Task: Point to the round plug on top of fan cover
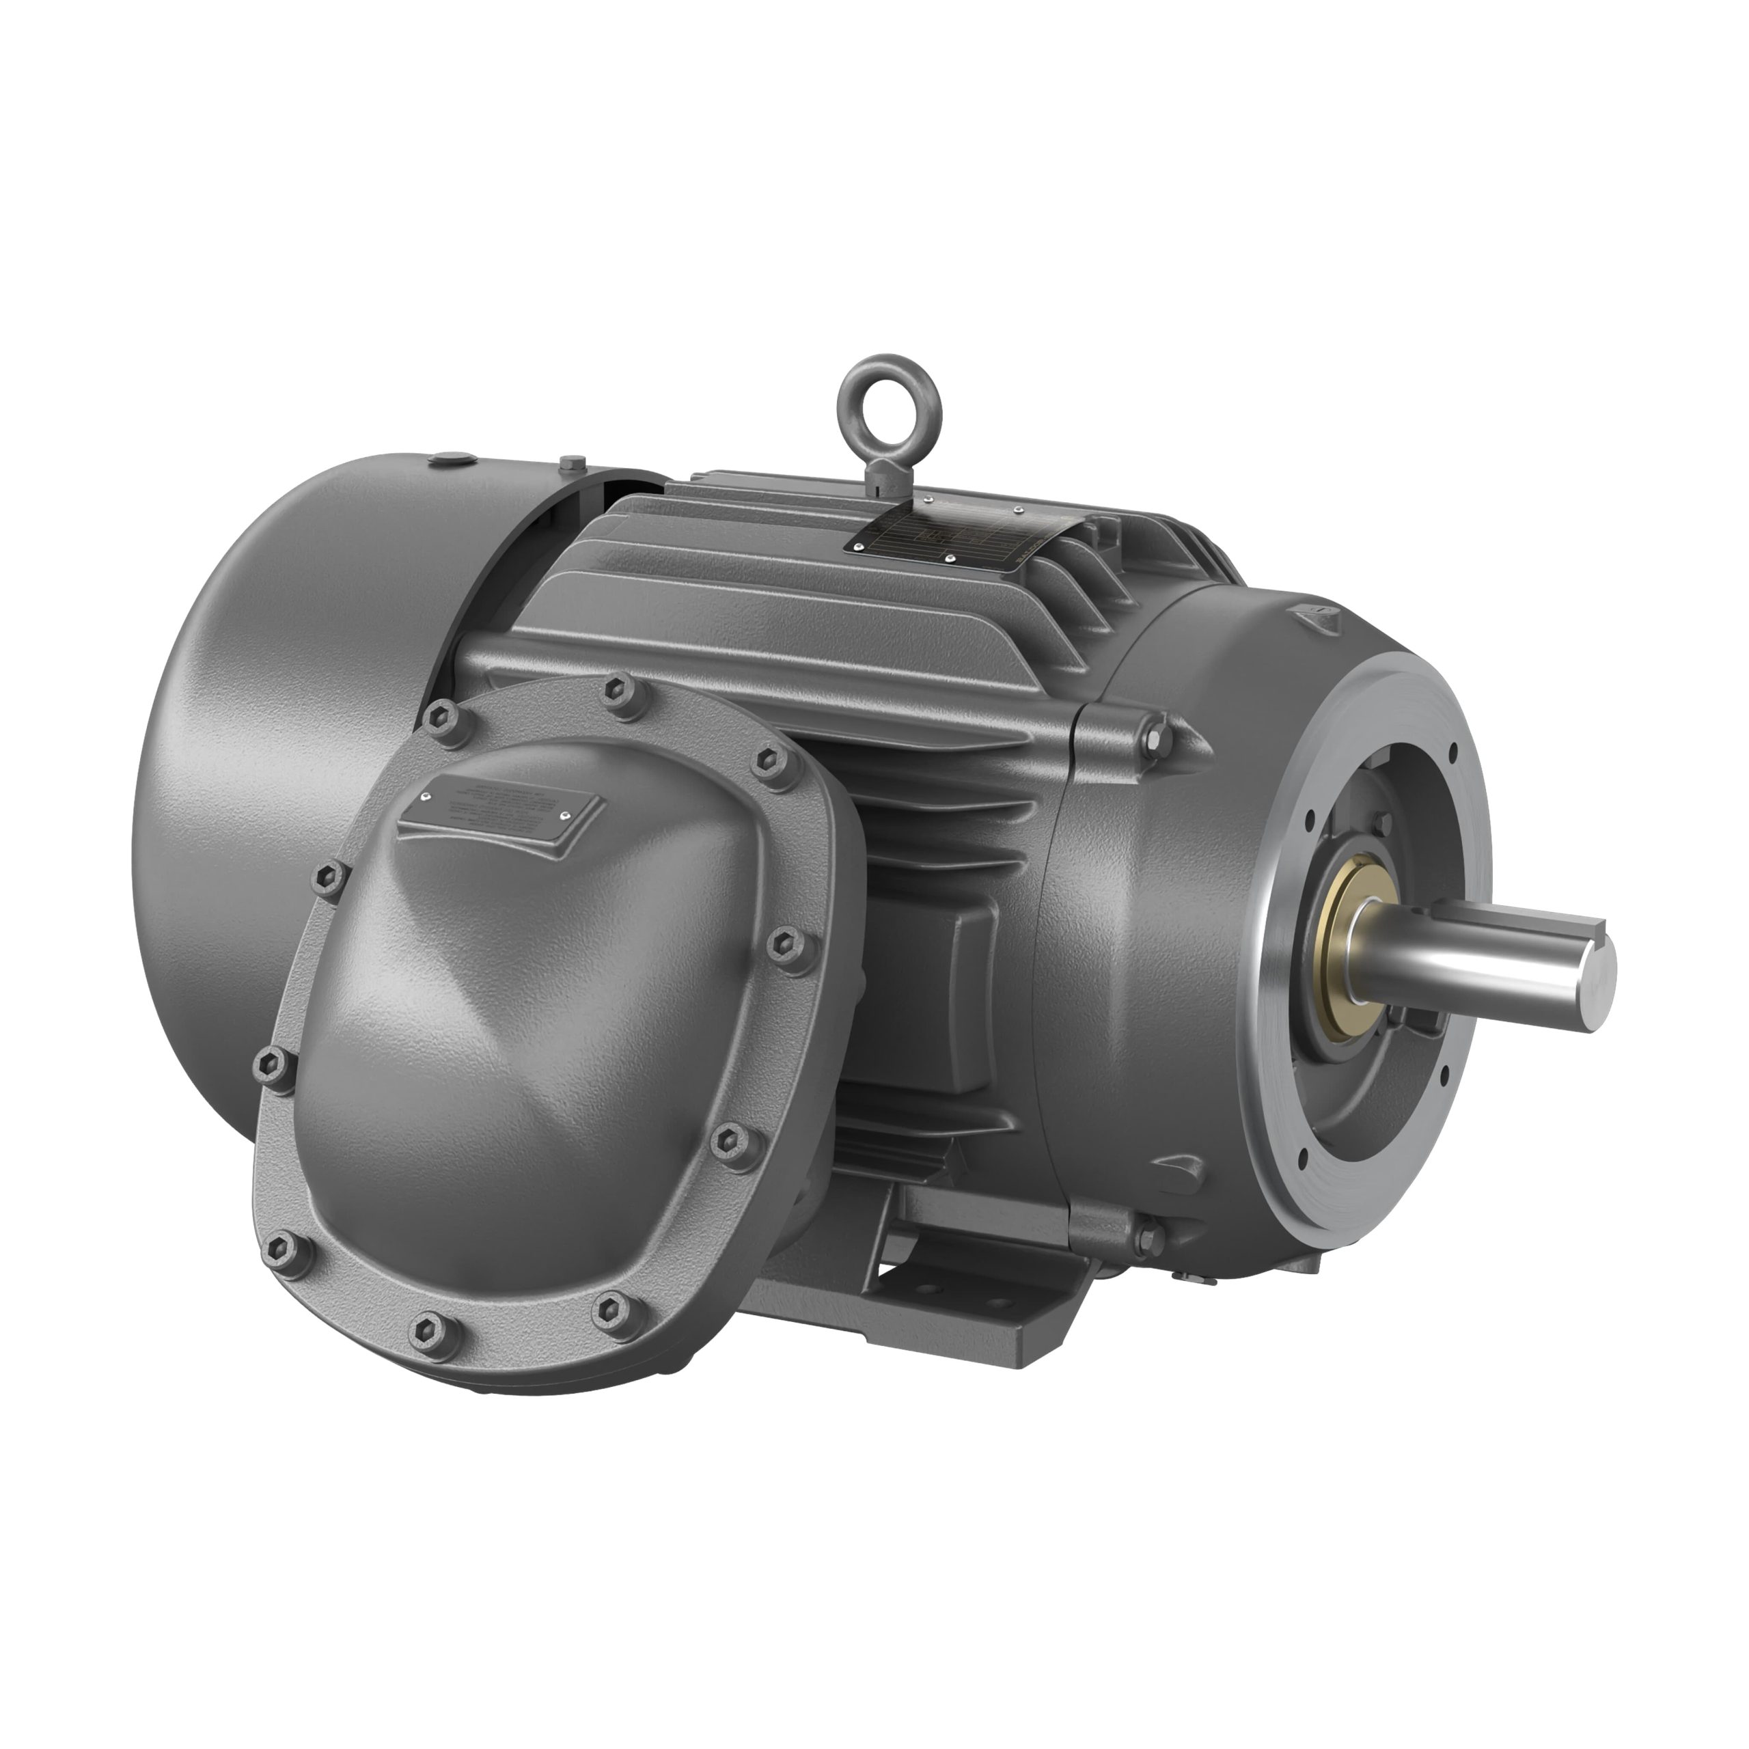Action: coord(450,460)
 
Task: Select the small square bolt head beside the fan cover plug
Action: coord(568,465)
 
